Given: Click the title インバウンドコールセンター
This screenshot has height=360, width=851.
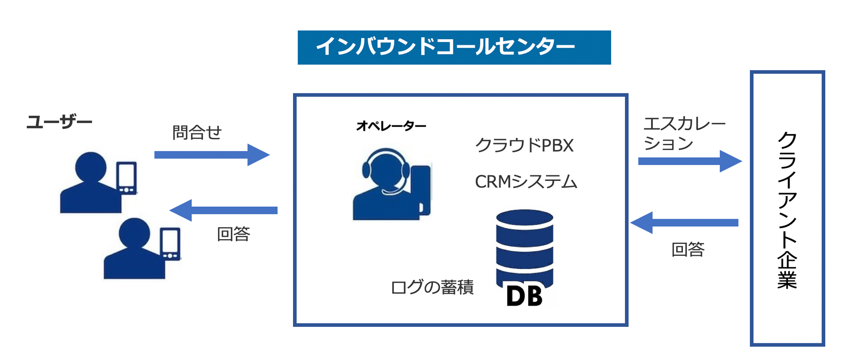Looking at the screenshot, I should pyautogui.click(x=445, y=47).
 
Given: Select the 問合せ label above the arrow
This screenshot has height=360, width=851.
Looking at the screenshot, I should pyautogui.click(x=197, y=133).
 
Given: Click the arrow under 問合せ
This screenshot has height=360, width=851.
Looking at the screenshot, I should pyautogui.click(x=212, y=155).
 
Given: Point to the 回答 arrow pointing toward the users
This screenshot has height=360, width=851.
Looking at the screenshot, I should pyautogui.click(x=224, y=210).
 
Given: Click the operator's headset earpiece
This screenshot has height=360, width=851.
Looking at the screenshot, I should pyautogui.click(x=366, y=169).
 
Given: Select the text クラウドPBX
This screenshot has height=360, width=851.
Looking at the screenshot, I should pyautogui.click(x=524, y=145).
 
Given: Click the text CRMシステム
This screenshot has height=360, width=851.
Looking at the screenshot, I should pyautogui.click(x=526, y=182).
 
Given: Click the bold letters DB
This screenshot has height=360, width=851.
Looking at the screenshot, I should pyautogui.click(x=524, y=296).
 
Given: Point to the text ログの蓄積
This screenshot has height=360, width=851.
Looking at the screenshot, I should pyautogui.click(x=432, y=287).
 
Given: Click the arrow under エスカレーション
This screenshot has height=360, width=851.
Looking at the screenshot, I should pyautogui.click(x=689, y=161).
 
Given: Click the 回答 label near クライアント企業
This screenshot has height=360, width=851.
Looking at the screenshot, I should pyautogui.click(x=688, y=250).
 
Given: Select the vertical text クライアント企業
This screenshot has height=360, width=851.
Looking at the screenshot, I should pyautogui.click(x=787, y=210).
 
